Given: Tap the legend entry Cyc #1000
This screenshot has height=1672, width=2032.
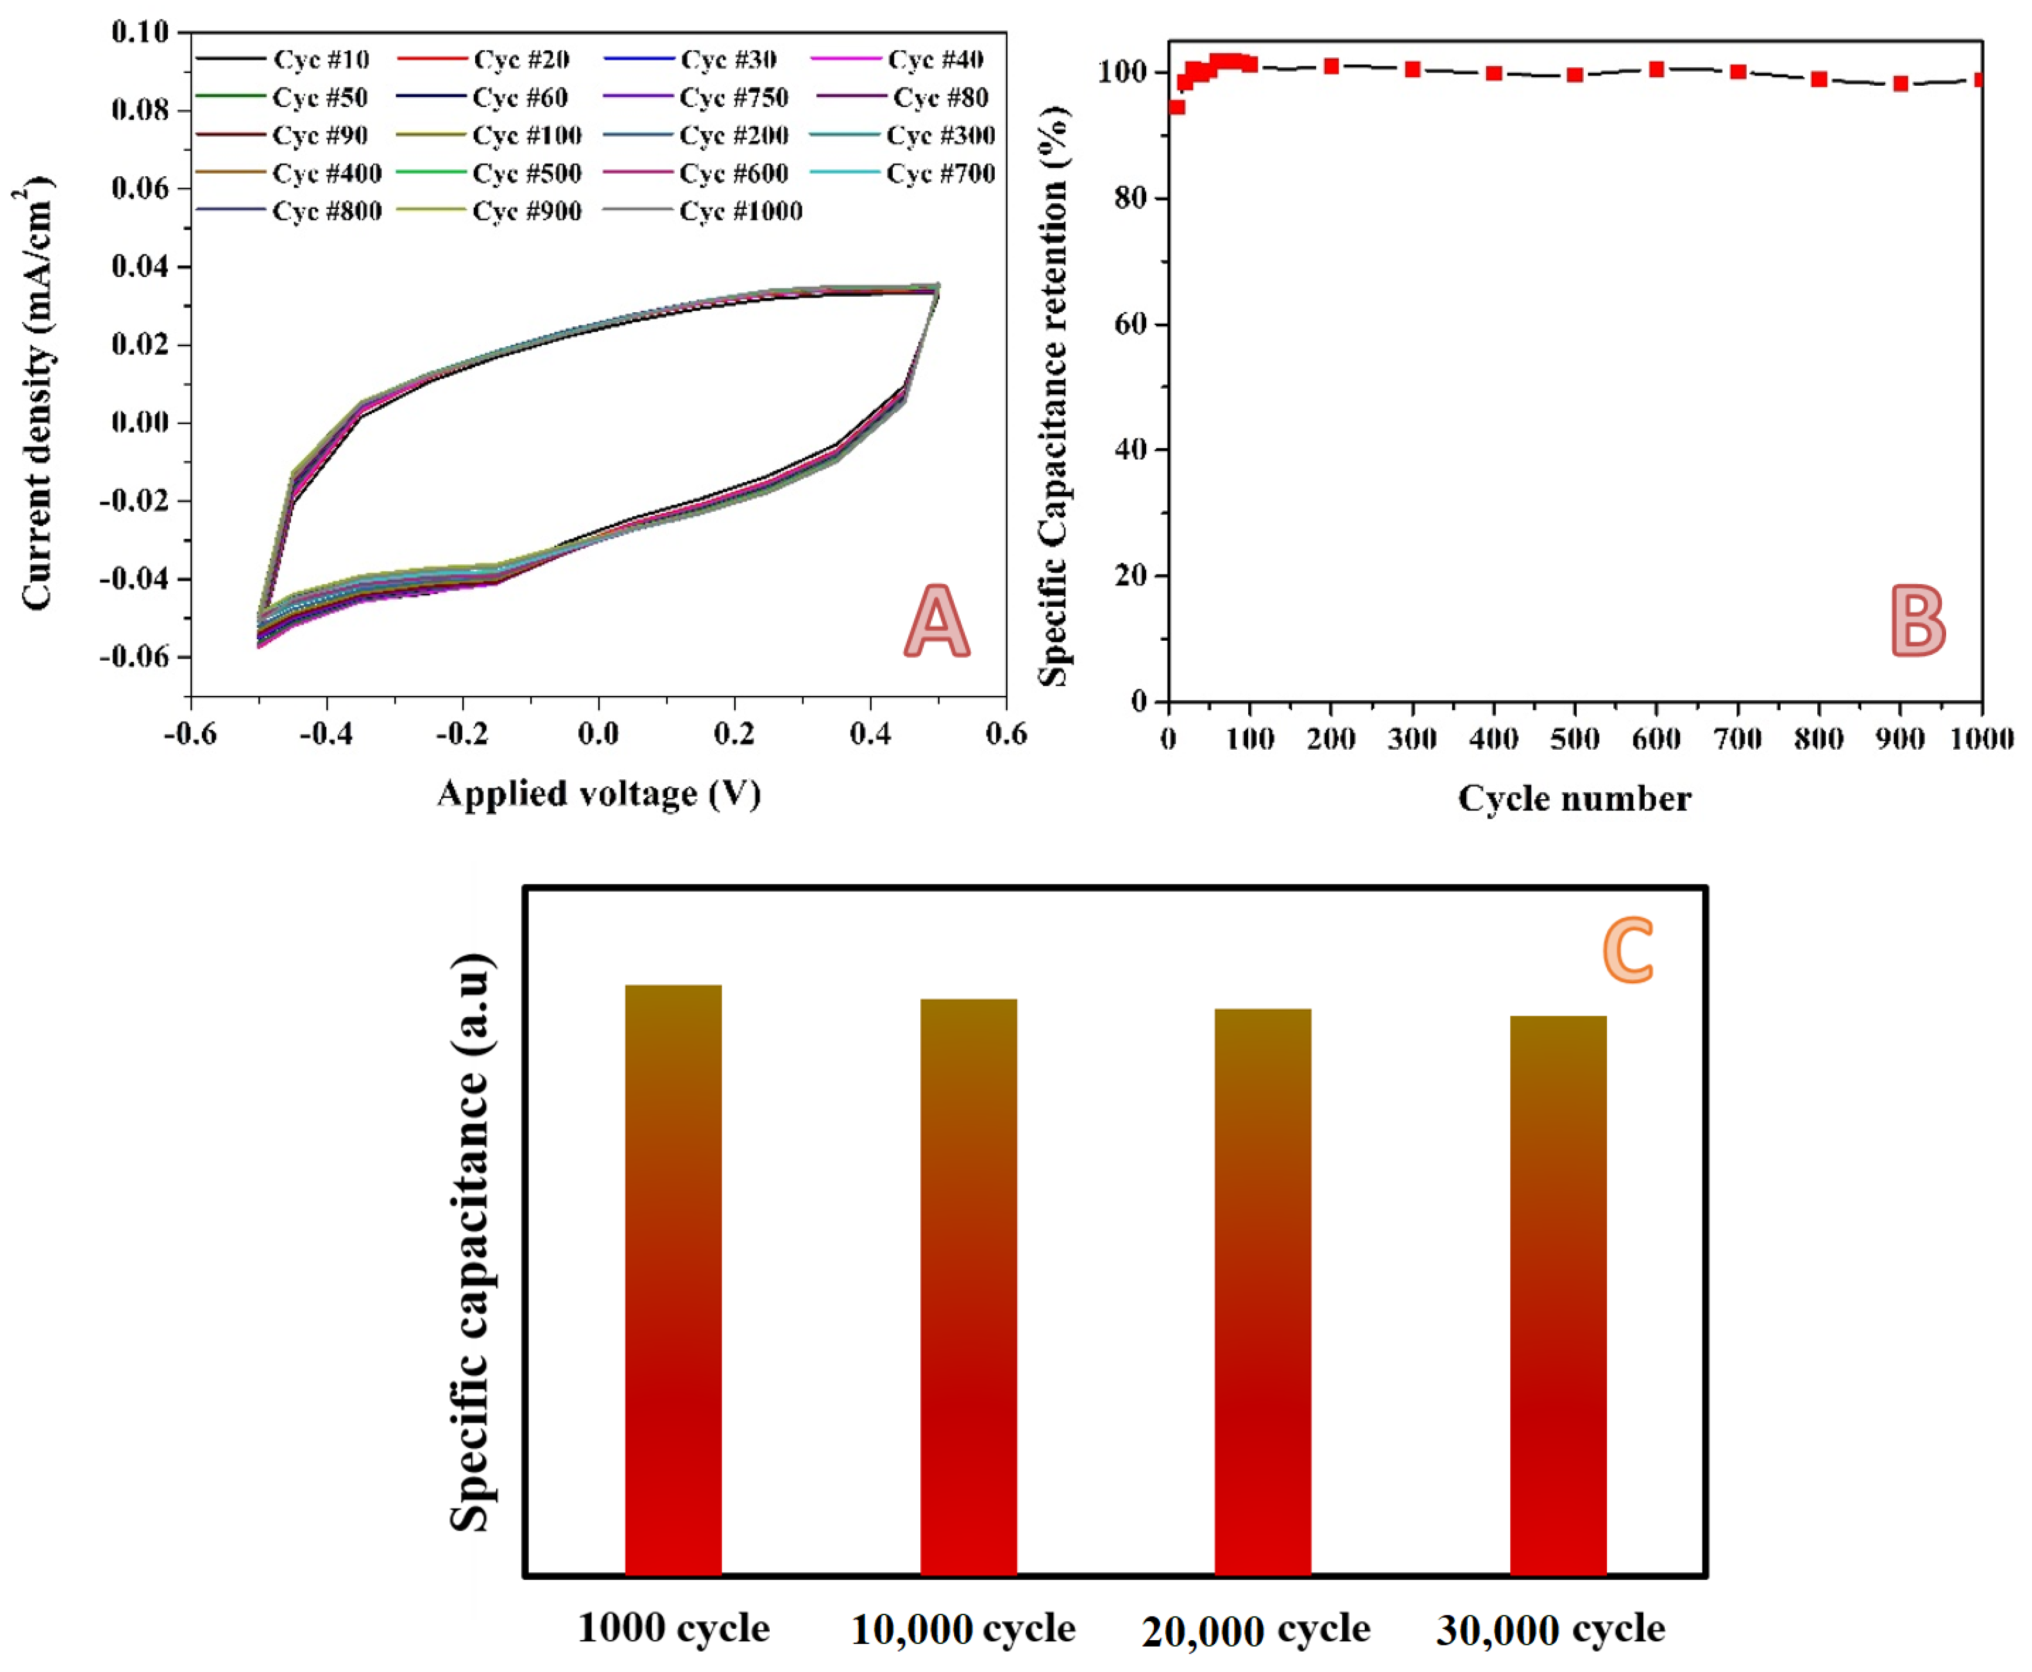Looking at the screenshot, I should pyautogui.click(x=740, y=211).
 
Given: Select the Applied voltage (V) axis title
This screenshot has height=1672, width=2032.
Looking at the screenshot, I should pyautogui.click(x=598, y=793).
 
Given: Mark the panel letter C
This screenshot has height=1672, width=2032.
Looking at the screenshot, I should pyautogui.click(x=1627, y=950).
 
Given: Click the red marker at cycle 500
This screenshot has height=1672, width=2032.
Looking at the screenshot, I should pyautogui.click(x=1575, y=74).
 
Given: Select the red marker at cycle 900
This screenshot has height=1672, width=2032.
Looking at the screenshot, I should pyautogui.click(x=1900, y=84).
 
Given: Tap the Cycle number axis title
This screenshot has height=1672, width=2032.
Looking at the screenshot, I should pyautogui.click(x=1573, y=798).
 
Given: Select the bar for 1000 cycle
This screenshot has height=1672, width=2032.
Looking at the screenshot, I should pyautogui.click(x=673, y=1281).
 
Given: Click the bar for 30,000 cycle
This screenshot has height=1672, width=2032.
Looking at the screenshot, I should pyautogui.click(x=1557, y=1296).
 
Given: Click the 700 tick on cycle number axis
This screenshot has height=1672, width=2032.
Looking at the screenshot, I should pyautogui.click(x=1737, y=739).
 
